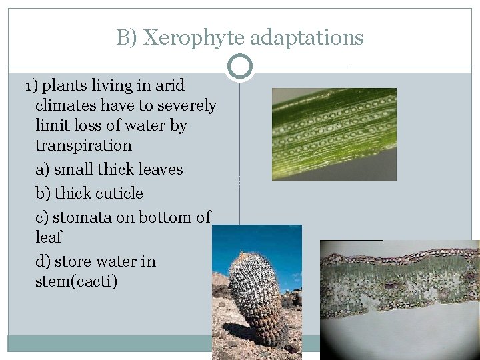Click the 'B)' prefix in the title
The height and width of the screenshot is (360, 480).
tap(127, 38)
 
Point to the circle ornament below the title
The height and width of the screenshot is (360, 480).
tap(240, 67)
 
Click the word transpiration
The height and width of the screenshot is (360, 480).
tap(83, 145)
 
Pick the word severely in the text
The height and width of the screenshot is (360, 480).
tap(187, 106)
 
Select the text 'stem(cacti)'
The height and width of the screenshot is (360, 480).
tap(76, 281)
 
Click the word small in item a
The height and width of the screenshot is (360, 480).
tap(73, 169)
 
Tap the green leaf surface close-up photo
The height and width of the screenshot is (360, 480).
tap(333, 134)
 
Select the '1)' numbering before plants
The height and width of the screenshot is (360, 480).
tap(31, 86)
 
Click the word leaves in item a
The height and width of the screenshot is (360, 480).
tap(160, 169)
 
